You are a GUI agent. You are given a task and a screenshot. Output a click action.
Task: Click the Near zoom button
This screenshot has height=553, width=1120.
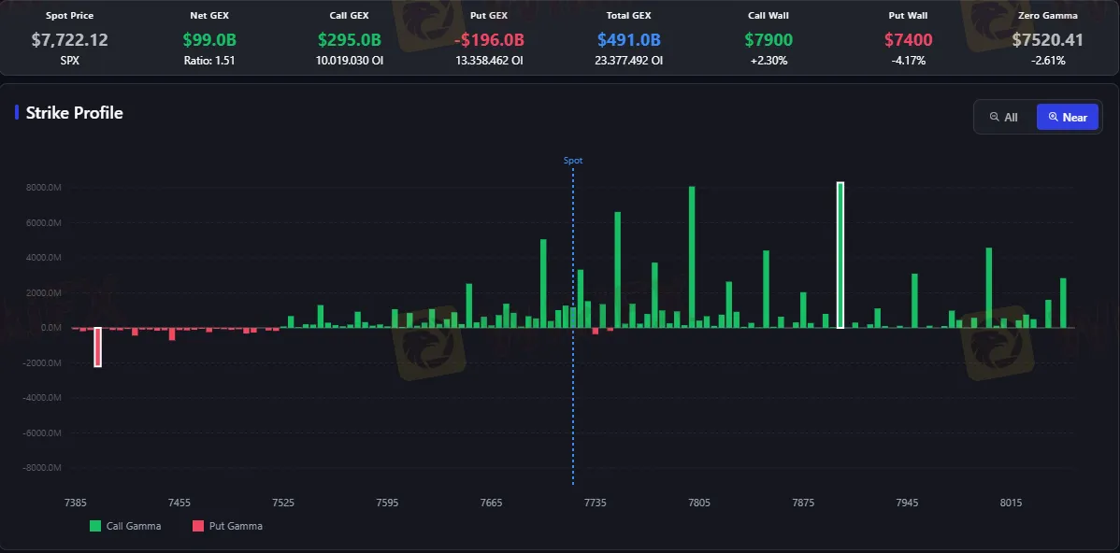click(1067, 117)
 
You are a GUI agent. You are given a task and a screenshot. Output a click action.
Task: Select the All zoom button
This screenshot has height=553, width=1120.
click(1003, 117)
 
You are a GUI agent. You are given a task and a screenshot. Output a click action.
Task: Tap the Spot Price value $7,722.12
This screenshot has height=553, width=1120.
click(70, 40)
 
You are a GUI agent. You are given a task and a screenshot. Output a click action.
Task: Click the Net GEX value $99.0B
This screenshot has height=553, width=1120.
click(209, 40)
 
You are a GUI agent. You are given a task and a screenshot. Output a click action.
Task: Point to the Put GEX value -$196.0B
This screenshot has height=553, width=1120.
click(489, 40)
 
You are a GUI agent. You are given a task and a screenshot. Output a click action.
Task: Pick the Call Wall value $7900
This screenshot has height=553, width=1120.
click(768, 40)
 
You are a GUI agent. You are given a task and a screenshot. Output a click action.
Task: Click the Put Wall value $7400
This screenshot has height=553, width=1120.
click(909, 40)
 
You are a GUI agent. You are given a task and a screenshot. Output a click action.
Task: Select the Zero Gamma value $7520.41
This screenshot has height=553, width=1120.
click(1048, 40)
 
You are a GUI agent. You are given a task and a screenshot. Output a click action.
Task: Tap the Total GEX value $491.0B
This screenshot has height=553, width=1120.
click(628, 40)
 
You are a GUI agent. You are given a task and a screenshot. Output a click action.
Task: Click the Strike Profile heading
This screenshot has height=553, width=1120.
click(74, 113)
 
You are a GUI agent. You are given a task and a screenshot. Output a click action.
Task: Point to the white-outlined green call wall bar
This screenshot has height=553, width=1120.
click(840, 255)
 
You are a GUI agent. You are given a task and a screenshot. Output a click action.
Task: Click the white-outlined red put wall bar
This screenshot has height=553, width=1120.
click(98, 347)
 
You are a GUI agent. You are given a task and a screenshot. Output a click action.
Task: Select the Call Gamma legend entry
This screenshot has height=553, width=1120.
click(125, 526)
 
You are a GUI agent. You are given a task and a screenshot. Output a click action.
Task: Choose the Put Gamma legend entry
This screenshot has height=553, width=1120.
click(228, 526)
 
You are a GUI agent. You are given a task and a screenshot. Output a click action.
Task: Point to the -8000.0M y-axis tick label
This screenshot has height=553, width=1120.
click(44, 467)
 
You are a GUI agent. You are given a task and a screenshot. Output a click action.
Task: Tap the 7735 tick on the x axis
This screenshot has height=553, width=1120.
click(595, 503)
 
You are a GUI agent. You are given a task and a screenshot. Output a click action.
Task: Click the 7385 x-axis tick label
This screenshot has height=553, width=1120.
click(76, 503)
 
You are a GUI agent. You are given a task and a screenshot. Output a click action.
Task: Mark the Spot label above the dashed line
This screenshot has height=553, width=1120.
click(573, 161)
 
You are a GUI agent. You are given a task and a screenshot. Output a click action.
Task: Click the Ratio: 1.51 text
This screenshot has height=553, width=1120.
click(209, 61)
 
